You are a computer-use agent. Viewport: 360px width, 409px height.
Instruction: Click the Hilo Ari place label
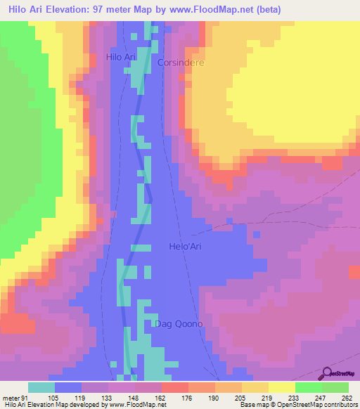click(x=120, y=57)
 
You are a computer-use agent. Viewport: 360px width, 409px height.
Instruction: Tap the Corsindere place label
click(x=181, y=62)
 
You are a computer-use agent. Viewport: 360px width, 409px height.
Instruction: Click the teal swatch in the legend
click(x=41, y=387)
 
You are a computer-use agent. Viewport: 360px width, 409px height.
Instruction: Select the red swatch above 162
click(x=175, y=387)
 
